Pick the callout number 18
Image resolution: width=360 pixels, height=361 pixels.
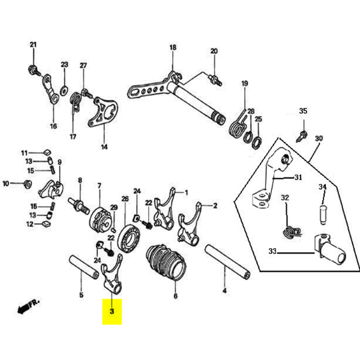pyautogui.click(x=173, y=47)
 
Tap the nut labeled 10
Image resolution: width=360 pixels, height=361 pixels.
pyautogui.click(x=25, y=183)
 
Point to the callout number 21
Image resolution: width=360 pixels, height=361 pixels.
pyautogui.click(x=34, y=45)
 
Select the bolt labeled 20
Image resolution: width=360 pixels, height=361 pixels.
pyautogui.click(x=215, y=79)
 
